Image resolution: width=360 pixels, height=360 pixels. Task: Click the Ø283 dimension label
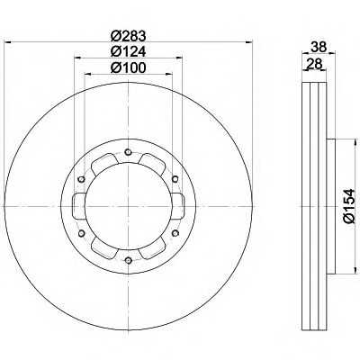128,36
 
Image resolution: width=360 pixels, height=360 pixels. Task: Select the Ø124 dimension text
128,52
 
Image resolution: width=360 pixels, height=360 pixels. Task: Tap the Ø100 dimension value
128,67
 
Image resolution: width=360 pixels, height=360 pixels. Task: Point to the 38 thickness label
319,47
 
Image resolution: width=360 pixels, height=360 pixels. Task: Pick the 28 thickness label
314,64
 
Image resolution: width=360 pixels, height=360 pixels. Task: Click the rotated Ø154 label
349,206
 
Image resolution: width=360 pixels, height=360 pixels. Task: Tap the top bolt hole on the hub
129,152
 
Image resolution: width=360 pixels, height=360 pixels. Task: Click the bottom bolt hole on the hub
129,260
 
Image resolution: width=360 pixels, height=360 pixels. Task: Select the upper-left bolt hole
81,179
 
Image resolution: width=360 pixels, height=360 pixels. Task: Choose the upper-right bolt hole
175,179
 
